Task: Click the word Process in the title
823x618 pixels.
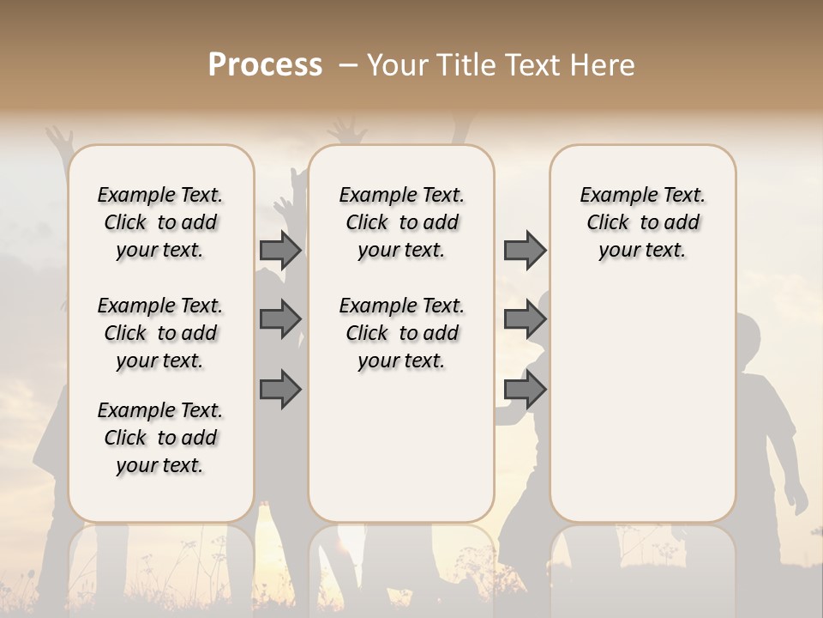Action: tap(265, 65)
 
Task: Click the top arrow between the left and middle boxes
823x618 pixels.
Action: tap(280, 251)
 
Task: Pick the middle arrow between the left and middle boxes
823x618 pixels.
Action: tap(280, 319)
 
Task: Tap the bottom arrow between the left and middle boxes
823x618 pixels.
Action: tap(280, 389)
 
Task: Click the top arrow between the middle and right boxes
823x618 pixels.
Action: tap(525, 251)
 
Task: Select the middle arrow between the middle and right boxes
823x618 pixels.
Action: tap(525, 319)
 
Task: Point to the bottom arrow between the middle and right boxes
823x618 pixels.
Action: tap(525, 389)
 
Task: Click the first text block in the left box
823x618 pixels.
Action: tap(160, 222)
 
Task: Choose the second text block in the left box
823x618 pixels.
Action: tap(160, 333)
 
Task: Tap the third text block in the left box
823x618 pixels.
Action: tap(160, 438)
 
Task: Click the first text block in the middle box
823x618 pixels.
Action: tap(402, 222)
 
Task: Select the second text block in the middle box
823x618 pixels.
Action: tap(402, 333)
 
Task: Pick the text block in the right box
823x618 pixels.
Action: tap(643, 222)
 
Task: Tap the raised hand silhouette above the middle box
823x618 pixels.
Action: tap(350, 130)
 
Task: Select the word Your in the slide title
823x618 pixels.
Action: tap(394, 65)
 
